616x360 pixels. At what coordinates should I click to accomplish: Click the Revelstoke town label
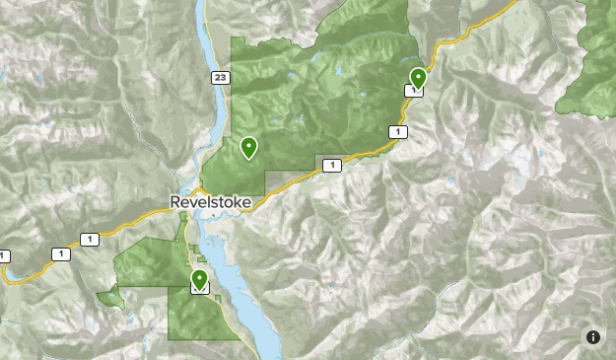point(210,202)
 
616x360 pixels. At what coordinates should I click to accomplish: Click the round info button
point(593,337)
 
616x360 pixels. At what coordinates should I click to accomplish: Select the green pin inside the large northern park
point(248,148)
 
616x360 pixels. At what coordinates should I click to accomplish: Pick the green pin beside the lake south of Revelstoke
point(200,279)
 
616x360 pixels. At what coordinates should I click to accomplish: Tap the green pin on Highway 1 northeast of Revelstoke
point(418,77)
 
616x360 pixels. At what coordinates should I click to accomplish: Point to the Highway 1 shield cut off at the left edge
point(3,256)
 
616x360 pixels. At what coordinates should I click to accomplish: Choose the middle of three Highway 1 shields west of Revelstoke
point(61,254)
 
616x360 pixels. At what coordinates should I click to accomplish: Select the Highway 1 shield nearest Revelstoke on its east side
point(332,165)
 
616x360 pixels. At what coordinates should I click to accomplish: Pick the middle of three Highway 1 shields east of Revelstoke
point(396,131)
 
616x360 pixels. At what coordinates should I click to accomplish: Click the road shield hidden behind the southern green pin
point(200,289)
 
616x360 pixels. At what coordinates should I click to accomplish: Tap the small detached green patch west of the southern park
point(109,295)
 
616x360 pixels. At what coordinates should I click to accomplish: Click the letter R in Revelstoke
point(175,202)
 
